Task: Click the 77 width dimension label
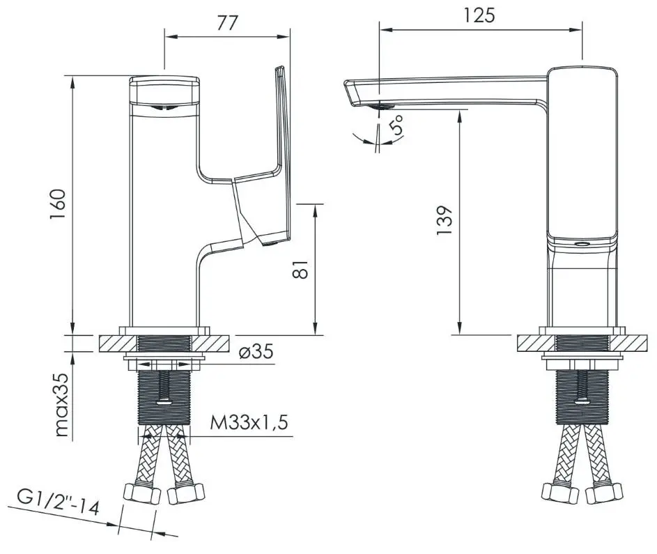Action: pos(228,22)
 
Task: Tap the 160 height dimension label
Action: pos(58,205)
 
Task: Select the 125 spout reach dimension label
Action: pos(479,15)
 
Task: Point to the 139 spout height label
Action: pos(445,220)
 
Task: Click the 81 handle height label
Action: pos(300,269)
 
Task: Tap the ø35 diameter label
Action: pos(256,351)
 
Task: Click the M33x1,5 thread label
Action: pos(249,422)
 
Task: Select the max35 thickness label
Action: pos(61,404)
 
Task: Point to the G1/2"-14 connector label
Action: pos(59,502)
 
